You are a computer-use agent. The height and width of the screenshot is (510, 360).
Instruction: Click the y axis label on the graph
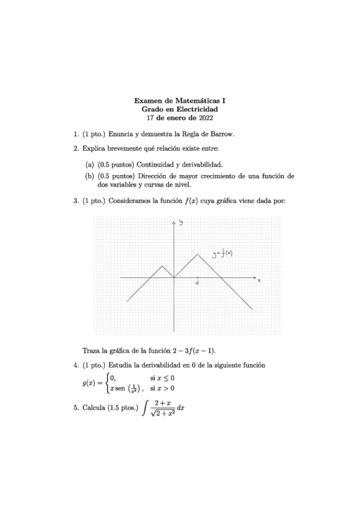(180, 224)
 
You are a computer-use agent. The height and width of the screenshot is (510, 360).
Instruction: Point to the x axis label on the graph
(258, 280)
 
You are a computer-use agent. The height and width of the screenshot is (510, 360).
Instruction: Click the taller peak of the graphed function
(198, 255)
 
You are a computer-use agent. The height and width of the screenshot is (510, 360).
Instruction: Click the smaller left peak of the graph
(162, 266)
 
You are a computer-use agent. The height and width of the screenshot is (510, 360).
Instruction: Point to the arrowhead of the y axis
(174, 222)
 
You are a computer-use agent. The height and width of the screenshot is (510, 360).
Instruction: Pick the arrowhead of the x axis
(253, 278)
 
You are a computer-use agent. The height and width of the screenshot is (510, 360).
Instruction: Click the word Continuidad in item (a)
(158, 164)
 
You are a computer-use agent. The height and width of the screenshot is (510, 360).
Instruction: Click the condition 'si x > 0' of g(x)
(162, 389)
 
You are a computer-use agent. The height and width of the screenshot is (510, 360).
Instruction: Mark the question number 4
(75, 365)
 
